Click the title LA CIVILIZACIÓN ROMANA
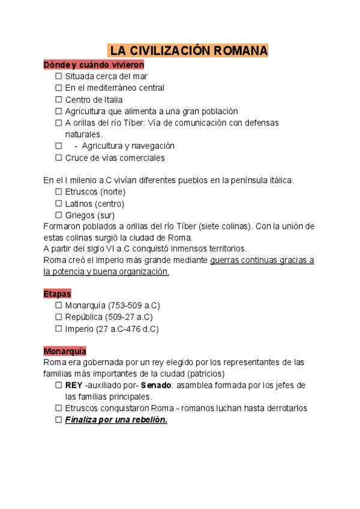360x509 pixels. (x=188, y=50)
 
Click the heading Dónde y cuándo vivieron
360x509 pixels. (x=94, y=65)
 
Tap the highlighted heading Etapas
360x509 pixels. (x=57, y=294)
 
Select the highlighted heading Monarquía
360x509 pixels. (x=65, y=351)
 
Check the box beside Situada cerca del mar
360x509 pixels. (x=59, y=76)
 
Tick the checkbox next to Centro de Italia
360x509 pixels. (x=59, y=100)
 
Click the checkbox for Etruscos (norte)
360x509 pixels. (x=59, y=191)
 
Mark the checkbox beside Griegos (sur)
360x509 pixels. (x=59, y=215)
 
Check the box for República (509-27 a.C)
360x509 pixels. (x=59, y=317)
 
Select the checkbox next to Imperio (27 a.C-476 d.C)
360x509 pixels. (x=59, y=329)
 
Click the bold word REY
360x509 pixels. (x=74, y=385)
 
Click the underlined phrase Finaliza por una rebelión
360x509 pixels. (x=116, y=420)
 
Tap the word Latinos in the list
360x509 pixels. (x=79, y=203)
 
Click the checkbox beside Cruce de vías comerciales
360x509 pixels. (x=59, y=158)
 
